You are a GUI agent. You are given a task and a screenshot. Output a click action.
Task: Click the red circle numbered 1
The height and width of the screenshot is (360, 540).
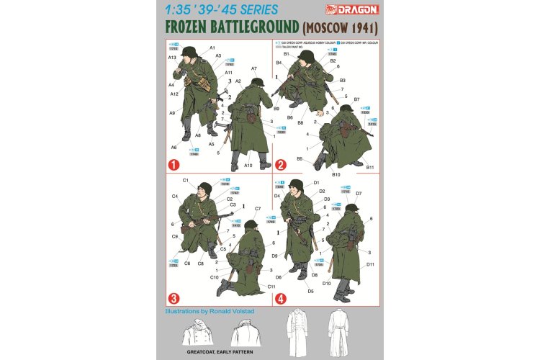(x=173, y=164)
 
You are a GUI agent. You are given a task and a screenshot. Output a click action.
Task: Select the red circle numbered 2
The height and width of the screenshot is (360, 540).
(x=282, y=164)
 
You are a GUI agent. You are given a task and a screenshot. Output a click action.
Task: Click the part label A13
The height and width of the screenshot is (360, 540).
(x=172, y=57)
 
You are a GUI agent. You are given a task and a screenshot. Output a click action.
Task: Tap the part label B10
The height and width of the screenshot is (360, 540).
(x=336, y=174)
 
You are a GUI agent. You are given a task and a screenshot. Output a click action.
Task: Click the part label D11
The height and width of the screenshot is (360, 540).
(x=370, y=264)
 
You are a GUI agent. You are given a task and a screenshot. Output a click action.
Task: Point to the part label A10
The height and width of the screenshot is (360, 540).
(x=248, y=166)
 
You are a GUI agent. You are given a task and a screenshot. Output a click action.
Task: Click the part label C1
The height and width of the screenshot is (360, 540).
(x=185, y=180)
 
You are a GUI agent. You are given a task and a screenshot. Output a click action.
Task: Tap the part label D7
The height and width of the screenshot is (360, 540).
(x=359, y=193)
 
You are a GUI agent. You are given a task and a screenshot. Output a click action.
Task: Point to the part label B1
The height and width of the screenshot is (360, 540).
(x=286, y=54)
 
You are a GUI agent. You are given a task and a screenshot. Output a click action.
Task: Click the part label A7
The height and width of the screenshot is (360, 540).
(x=254, y=68)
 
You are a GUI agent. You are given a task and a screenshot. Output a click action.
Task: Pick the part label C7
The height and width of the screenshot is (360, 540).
(x=257, y=209)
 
